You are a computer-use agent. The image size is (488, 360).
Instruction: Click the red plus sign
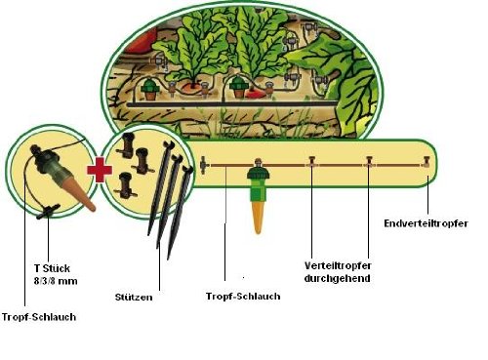coord(100,170)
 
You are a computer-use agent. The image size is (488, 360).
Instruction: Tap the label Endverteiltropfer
coord(426,223)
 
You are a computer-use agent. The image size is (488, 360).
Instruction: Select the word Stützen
coord(134,298)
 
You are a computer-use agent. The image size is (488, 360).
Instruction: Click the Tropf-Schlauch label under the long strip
coord(243,297)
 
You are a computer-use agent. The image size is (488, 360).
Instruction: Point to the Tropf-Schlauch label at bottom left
coord(39,317)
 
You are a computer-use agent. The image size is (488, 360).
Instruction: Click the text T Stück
coord(52,268)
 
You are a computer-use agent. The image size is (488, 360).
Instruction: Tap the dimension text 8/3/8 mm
coord(56,281)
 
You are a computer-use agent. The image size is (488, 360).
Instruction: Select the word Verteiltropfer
coord(338,265)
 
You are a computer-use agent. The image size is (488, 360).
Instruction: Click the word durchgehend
coord(337,279)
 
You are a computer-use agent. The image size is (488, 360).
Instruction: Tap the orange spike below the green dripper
coord(258,217)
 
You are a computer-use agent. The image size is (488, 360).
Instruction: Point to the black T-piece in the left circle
coord(49,211)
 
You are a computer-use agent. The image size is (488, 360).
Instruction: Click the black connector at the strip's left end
coord(204,165)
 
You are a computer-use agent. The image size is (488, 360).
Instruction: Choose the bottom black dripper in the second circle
coord(125,185)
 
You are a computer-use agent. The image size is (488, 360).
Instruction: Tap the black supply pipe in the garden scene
coord(232,104)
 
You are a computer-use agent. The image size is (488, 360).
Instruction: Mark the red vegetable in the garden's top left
coord(140,42)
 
